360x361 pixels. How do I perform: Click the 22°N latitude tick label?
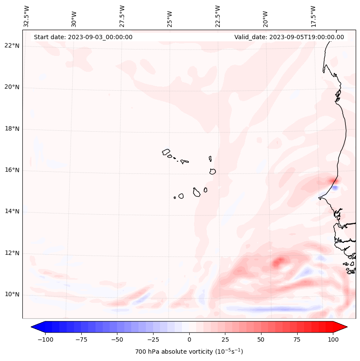click(x=12, y=46)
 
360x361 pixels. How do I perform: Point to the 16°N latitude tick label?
click(x=12, y=170)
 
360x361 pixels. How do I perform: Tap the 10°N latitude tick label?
click(x=12, y=295)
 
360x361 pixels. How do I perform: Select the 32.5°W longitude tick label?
click(x=27, y=16)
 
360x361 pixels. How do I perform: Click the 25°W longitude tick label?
click(x=170, y=17)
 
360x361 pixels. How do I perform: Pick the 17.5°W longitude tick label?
click(x=313, y=16)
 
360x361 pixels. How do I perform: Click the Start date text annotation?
click(x=83, y=37)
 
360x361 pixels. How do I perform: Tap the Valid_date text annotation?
click(x=289, y=37)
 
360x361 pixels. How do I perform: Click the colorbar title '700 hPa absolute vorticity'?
click(x=189, y=352)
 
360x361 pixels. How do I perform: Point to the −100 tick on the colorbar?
click(x=45, y=339)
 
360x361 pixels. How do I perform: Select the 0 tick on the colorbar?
click(x=189, y=339)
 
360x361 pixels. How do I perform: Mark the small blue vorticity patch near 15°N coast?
click(x=335, y=188)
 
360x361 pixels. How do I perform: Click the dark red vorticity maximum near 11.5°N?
click(x=280, y=261)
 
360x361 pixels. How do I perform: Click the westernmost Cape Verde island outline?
click(x=166, y=152)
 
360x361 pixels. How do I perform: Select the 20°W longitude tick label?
click(x=265, y=17)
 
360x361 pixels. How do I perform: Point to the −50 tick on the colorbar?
click(x=117, y=339)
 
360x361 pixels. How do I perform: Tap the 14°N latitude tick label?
click(x=12, y=211)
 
